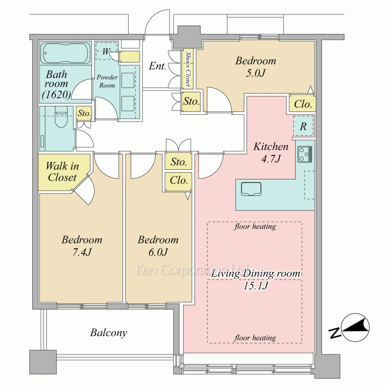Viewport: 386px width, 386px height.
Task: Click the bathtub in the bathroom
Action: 65,53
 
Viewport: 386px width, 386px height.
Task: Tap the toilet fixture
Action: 61,117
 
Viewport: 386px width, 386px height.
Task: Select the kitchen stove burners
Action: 305,154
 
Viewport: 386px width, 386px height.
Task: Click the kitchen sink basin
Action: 251,189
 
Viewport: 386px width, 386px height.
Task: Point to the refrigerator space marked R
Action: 303,126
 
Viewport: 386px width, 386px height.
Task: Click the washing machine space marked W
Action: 106,51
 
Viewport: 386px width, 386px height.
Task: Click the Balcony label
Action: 108,333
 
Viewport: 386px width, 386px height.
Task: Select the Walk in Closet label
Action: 62,172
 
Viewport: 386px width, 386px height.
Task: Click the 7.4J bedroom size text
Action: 82,252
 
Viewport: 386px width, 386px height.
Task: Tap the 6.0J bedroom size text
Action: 158,252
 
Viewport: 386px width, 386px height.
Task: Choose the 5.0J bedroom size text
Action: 256,73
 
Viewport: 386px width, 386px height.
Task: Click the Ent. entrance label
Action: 157,66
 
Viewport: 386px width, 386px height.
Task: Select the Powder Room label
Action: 107,81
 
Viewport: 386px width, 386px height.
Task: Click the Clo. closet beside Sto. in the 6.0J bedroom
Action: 179,180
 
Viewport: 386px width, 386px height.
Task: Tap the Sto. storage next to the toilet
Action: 84,113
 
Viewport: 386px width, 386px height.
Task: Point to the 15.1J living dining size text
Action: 256,286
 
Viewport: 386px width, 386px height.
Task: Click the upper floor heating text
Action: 255,227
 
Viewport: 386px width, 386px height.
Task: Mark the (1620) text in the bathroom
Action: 56,94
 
